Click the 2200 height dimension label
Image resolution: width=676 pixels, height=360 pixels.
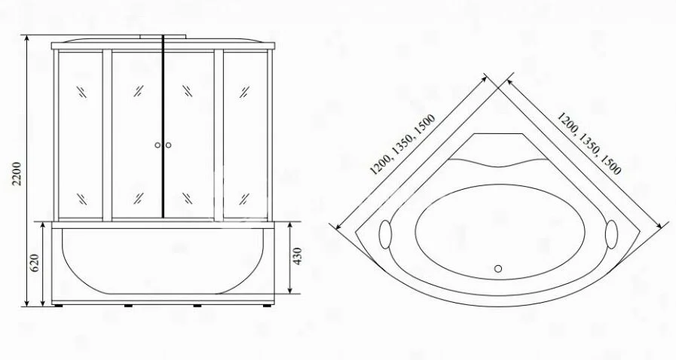click(17, 173)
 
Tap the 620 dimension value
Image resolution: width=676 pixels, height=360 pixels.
click(35, 263)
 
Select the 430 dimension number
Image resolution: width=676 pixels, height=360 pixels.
click(297, 256)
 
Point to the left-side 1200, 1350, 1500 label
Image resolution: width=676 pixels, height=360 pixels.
click(402, 145)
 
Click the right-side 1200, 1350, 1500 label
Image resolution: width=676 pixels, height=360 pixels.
click(589, 143)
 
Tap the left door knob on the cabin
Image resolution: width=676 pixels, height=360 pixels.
click(158, 145)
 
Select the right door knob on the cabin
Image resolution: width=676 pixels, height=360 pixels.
click(168, 145)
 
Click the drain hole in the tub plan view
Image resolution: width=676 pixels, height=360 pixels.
click(498, 269)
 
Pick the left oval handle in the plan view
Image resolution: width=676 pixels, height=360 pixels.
click(384, 234)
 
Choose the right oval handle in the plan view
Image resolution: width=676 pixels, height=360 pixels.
click(611, 234)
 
